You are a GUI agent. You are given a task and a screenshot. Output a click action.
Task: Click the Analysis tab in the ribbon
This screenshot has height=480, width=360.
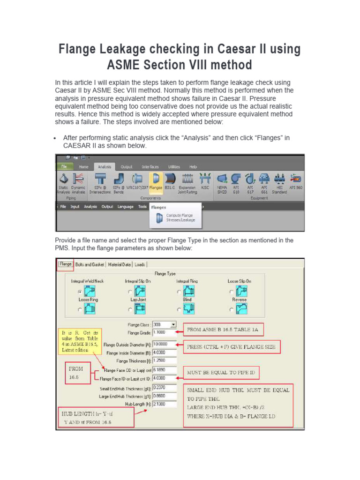105,167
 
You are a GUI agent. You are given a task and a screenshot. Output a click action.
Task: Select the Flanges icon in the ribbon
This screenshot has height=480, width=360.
156,182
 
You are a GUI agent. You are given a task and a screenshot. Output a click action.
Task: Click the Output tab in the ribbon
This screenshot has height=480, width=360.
127,167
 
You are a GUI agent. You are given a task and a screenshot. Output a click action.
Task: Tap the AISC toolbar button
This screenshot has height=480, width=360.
205,182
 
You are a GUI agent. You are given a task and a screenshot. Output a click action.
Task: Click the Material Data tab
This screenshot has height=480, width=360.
120,264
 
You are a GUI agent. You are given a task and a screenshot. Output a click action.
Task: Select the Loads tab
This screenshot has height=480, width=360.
140,264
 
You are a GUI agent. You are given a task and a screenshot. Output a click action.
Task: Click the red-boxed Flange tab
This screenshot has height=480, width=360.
65,264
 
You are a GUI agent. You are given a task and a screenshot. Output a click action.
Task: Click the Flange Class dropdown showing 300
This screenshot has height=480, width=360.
165,324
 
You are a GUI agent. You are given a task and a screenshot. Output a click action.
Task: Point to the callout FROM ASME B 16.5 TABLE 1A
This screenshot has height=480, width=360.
224,330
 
